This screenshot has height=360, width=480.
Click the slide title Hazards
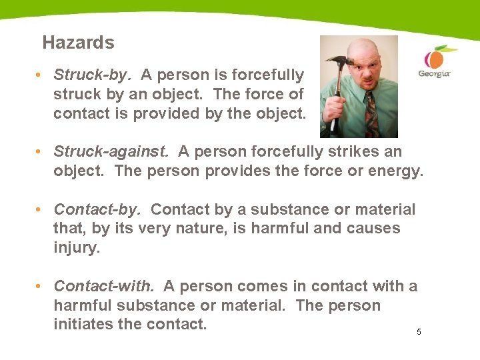[x=78, y=43]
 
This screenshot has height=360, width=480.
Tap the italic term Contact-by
[x=97, y=209]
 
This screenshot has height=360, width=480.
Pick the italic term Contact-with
[x=104, y=287]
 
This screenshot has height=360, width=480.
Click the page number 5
[x=419, y=332]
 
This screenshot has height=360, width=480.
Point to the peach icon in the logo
[x=436, y=57]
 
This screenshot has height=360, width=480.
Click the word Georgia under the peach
[x=434, y=73]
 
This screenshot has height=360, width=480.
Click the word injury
[x=75, y=248]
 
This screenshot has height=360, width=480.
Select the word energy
[x=396, y=171]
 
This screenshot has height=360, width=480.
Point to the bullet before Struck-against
[x=40, y=153]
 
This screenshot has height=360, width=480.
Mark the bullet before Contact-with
[x=40, y=287]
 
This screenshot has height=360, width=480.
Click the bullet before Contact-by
[x=40, y=210]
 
